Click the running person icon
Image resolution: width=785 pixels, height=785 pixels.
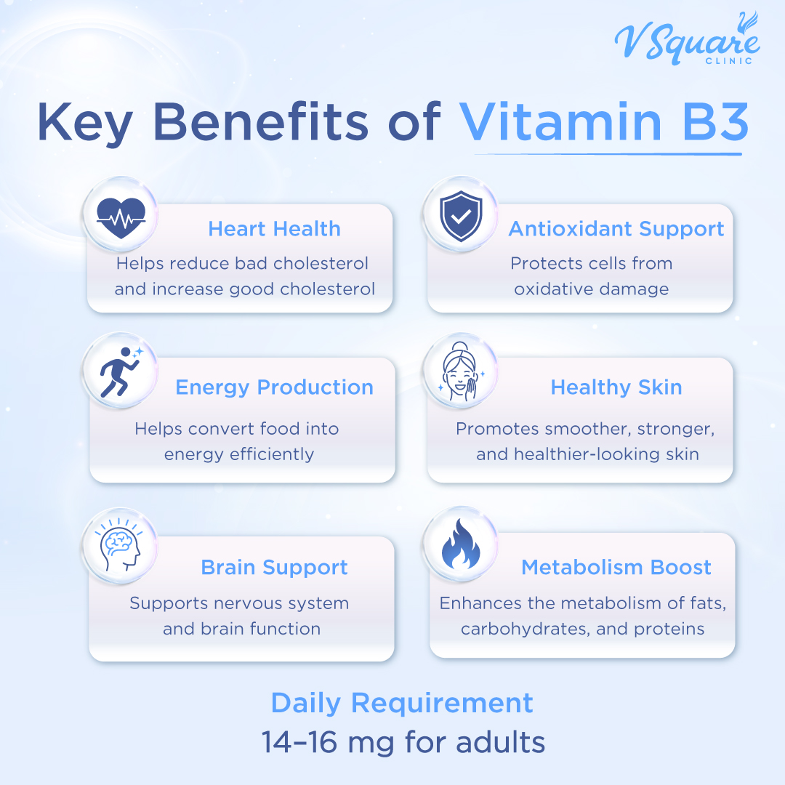[121, 371]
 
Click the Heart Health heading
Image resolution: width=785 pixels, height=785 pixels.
[274, 229]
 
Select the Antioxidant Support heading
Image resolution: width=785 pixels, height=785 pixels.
[616, 229]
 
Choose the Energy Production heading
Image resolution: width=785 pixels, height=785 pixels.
[274, 387]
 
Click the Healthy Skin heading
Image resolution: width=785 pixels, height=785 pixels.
[616, 387]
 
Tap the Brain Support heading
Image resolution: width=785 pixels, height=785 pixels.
[274, 568]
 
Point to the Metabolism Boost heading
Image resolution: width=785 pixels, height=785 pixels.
[616, 568]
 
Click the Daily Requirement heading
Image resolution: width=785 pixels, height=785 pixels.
[402, 703]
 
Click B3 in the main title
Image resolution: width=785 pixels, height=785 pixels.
[709, 121]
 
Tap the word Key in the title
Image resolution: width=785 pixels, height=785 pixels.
[84, 121]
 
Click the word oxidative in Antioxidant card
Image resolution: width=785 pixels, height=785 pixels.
[555, 289]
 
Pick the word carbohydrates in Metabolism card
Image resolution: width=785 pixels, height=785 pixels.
[524, 629]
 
